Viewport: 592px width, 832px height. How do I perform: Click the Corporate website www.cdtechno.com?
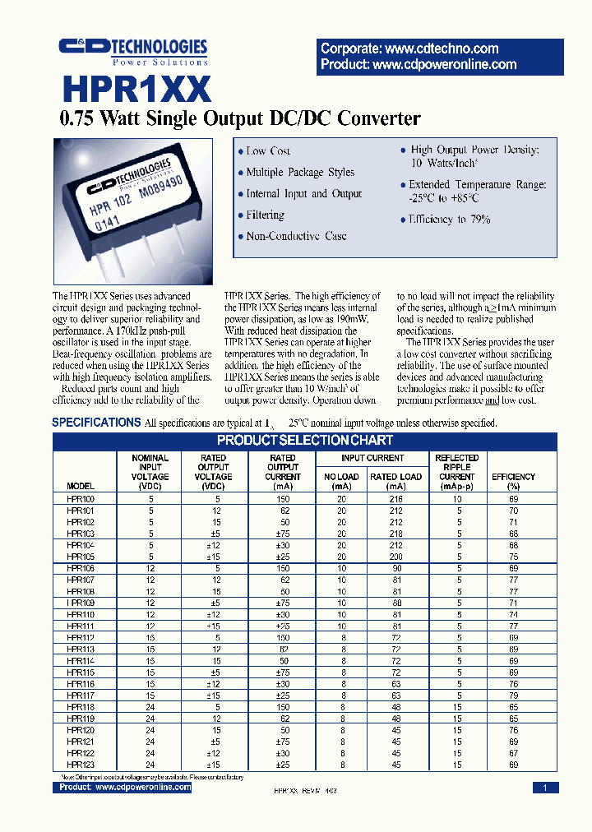tap(409, 49)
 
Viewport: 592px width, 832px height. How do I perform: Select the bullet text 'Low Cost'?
tap(268, 151)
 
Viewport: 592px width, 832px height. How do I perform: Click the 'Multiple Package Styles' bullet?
tap(300, 173)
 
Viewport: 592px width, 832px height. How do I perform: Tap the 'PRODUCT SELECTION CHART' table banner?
tap(306, 441)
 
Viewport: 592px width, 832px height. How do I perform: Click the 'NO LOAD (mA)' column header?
tap(342, 481)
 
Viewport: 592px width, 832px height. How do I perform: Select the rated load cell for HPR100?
tap(395, 498)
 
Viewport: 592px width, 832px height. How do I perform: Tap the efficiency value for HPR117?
tap(513, 695)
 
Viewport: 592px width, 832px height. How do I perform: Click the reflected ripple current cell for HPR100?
tap(456, 498)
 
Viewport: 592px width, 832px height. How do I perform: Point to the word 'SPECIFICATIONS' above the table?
tap(96, 423)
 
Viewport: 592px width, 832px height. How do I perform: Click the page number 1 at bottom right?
tap(544, 788)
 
